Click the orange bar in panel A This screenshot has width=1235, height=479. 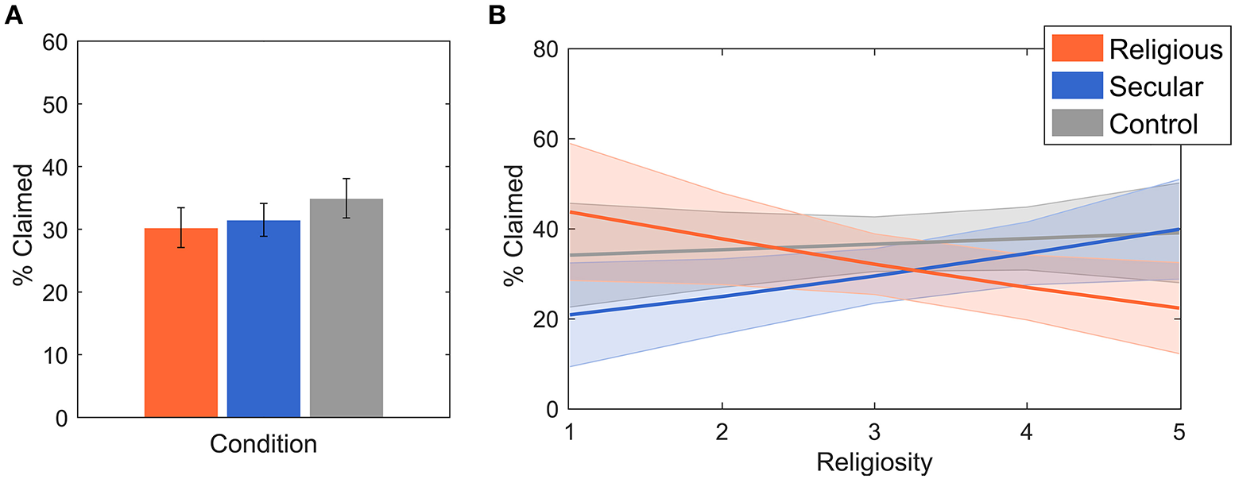(x=180, y=323)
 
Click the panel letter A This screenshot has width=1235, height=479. (x=14, y=14)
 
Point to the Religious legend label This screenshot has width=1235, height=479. (x=1165, y=49)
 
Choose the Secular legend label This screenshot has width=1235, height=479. (x=1156, y=87)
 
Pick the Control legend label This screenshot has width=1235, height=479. (x=1153, y=124)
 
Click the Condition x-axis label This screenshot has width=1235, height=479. (x=263, y=444)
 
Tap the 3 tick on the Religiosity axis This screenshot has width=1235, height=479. (x=874, y=434)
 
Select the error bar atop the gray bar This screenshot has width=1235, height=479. (x=346, y=199)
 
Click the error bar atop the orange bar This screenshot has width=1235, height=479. (x=180, y=228)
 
